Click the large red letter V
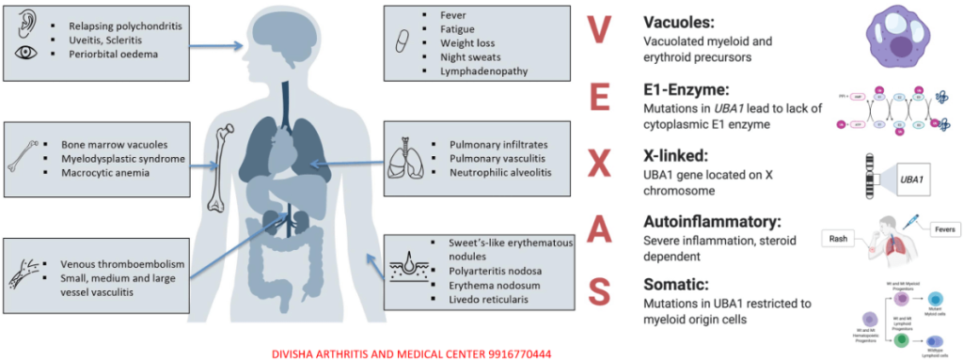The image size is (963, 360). (x=597, y=31)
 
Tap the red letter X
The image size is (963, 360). (x=598, y=167)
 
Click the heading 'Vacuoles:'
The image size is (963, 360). (x=678, y=21)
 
